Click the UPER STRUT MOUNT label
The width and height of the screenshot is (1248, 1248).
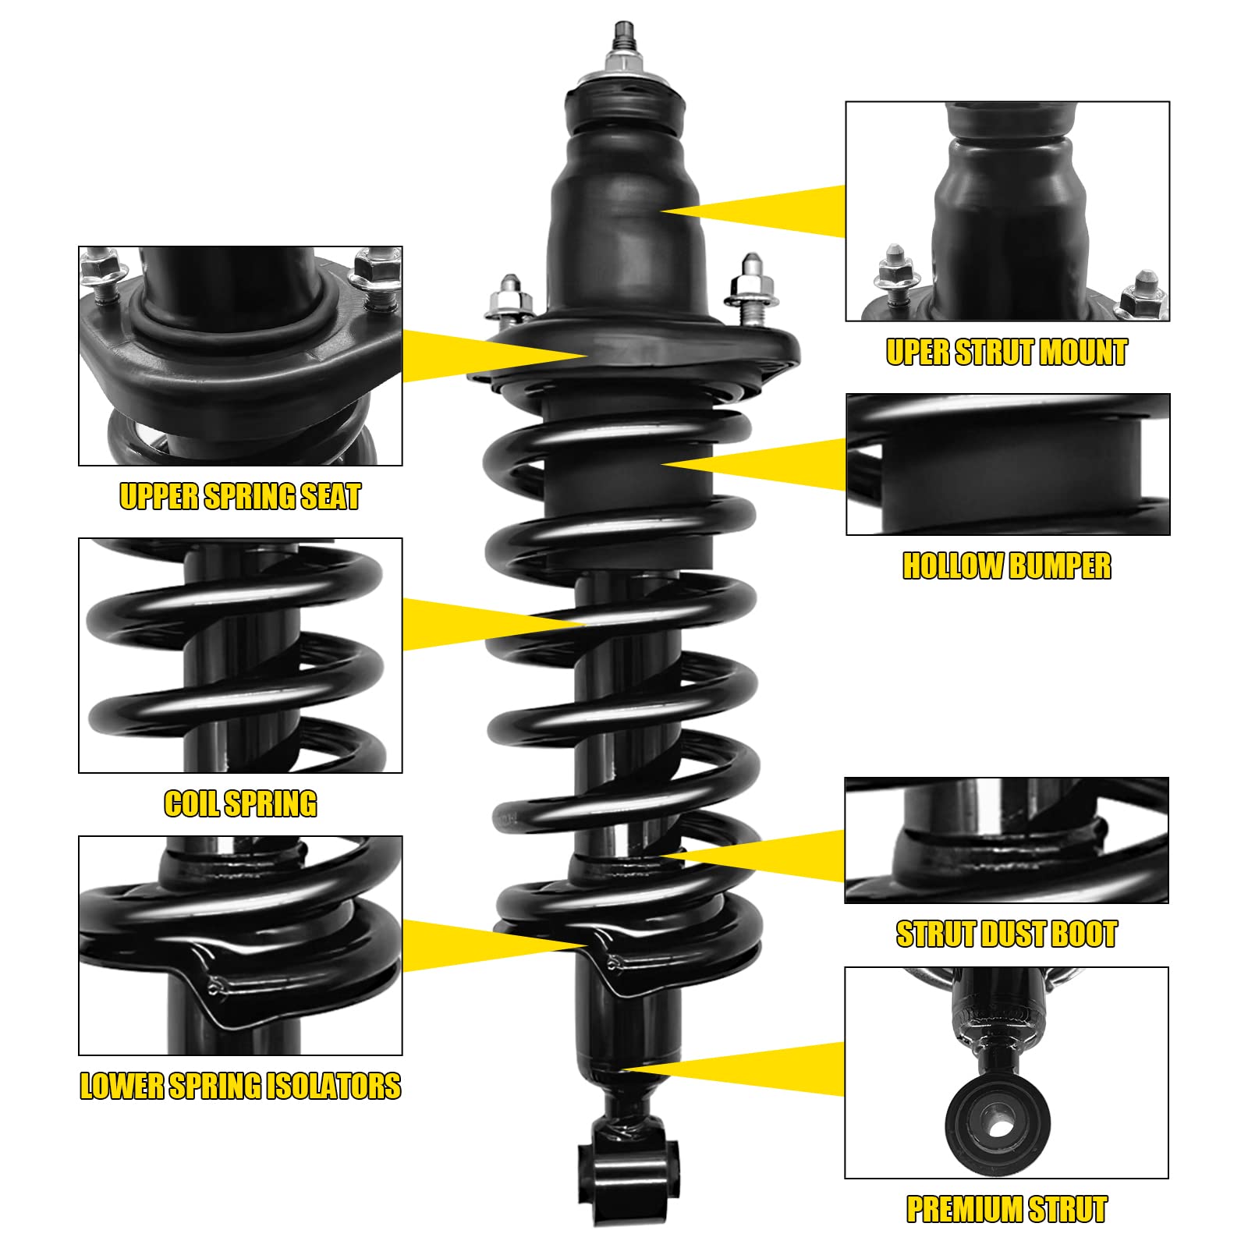click(x=1006, y=352)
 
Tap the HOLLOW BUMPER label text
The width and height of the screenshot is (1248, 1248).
click(x=1006, y=565)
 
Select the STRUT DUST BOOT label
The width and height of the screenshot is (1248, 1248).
click(x=1006, y=934)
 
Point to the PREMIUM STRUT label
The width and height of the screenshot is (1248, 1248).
click(x=1006, y=1209)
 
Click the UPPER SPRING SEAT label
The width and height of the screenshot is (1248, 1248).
click(x=240, y=496)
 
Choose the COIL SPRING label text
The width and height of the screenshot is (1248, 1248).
click(x=240, y=803)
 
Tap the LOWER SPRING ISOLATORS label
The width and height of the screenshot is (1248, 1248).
click(x=240, y=1086)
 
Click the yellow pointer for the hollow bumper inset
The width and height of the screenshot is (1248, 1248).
click(x=755, y=464)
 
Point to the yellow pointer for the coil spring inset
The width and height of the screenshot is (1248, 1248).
click(x=494, y=624)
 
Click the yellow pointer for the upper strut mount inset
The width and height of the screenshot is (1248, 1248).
click(x=753, y=211)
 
